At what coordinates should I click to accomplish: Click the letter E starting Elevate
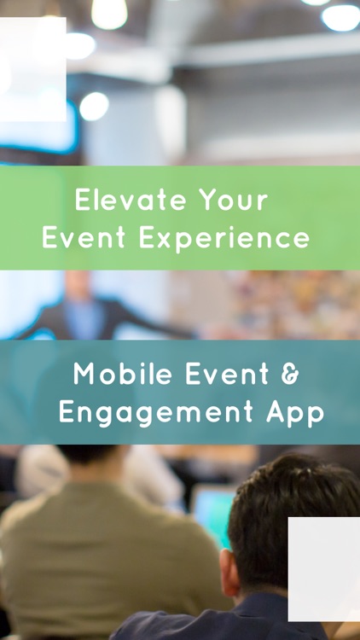(x=83, y=201)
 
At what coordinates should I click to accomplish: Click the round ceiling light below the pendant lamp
(x=94, y=106)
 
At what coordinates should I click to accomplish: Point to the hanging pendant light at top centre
(x=109, y=12)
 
